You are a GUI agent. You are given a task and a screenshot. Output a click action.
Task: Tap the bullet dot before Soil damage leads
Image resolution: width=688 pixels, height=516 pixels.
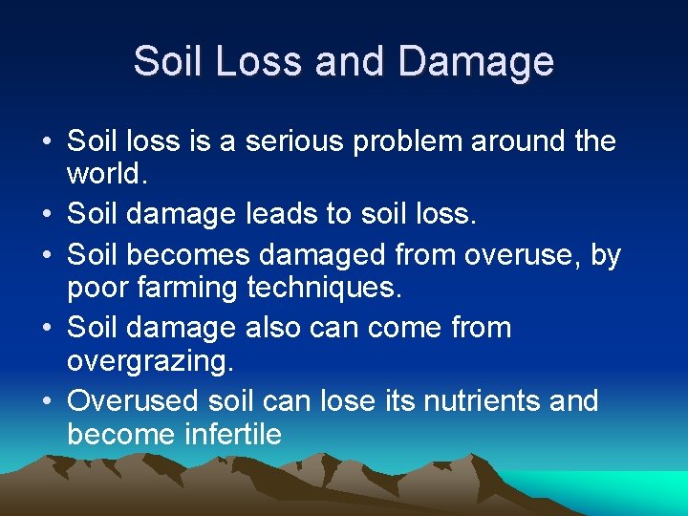[x=46, y=215]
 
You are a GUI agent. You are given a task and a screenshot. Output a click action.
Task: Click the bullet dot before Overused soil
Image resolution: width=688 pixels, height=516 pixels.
[x=46, y=400]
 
